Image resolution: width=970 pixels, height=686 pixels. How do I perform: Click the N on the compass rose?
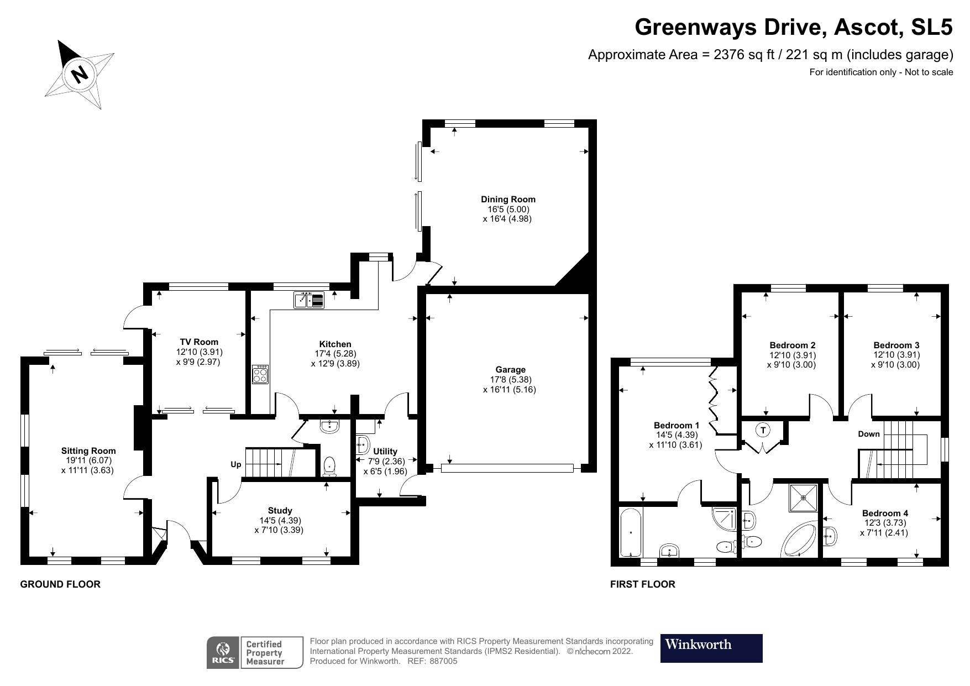[x=81, y=74]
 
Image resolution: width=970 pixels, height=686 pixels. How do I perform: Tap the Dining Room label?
[x=508, y=200]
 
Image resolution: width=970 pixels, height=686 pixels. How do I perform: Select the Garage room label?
[x=510, y=369]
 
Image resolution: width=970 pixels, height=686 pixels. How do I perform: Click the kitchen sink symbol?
[x=310, y=300]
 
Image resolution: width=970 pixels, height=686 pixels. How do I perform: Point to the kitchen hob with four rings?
[x=260, y=374]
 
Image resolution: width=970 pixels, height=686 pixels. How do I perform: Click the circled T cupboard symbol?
[x=763, y=430]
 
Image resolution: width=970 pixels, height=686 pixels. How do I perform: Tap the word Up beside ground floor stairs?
[x=236, y=464]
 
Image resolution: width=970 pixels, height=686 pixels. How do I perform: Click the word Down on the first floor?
[x=868, y=434]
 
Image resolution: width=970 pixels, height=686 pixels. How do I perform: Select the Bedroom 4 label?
[x=884, y=513]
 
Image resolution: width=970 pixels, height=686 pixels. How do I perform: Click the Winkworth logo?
[x=711, y=648]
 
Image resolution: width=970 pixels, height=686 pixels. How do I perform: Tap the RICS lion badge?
[x=223, y=653]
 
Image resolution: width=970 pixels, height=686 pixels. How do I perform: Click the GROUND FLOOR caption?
[x=60, y=584]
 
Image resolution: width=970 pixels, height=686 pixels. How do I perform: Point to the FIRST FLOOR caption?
[x=642, y=584]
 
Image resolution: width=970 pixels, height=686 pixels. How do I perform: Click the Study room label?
[x=280, y=510]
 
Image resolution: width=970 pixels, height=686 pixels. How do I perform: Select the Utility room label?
[x=385, y=451]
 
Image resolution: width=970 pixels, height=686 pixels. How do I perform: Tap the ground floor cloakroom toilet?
[x=329, y=465]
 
